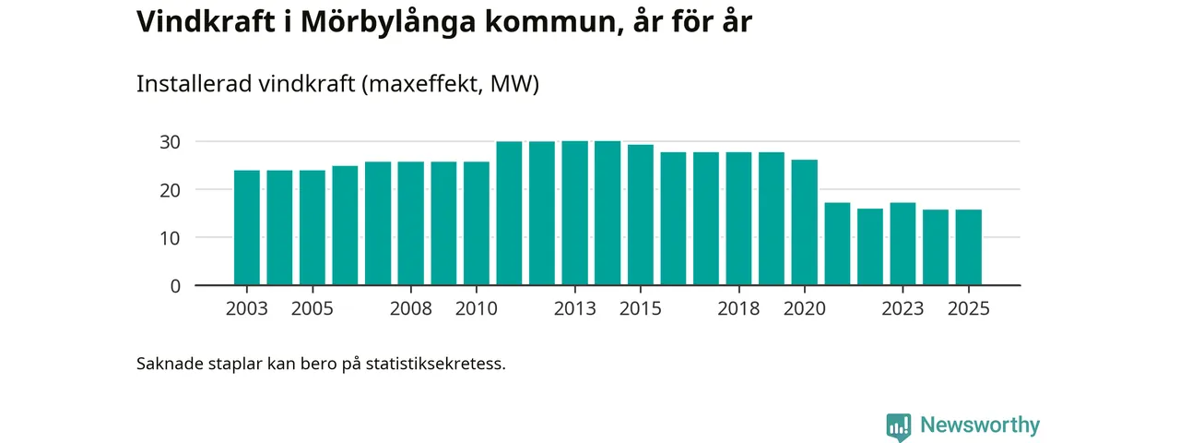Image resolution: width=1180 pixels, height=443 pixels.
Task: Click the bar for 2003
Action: (x=247, y=227)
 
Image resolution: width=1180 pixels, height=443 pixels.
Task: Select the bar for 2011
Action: (x=509, y=213)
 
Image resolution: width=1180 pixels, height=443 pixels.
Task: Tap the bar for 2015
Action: (x=641, y=214)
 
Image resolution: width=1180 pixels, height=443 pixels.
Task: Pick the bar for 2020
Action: (x=805, y=222)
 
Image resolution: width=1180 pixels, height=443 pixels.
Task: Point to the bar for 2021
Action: (x=837, y=244)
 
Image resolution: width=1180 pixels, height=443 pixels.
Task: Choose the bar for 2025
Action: (x=968, y=247)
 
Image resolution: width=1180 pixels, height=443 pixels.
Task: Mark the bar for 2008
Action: (x=411, y=223)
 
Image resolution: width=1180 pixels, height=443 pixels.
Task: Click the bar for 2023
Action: (x=903, y=244)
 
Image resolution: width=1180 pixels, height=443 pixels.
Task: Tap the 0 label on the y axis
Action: (x=174, y=286)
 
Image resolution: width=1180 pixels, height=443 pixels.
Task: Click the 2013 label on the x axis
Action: (x=574, y=309)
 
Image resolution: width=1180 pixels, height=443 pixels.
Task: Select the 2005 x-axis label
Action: (x=313, y=309)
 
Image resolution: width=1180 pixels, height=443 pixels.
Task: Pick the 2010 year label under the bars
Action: (x=477, y=309)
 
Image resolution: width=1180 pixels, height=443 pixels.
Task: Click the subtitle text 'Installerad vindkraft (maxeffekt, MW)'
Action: (x=337, y=84)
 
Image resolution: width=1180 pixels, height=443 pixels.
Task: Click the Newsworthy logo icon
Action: (x=898, y=426)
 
